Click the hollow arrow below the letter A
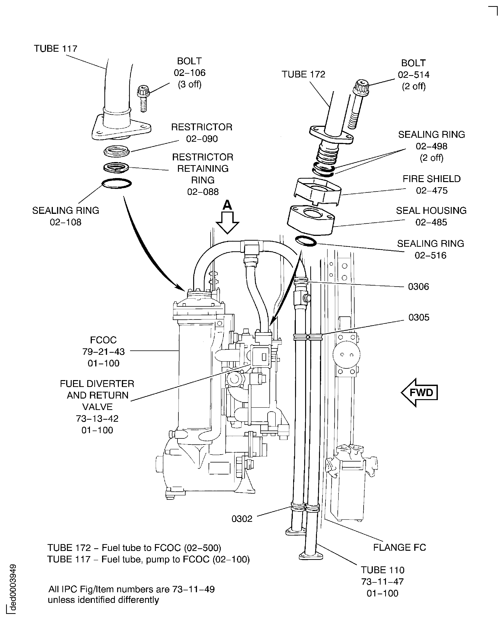point(227,223)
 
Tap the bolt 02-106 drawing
point(143,98)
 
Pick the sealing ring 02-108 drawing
point(117,183)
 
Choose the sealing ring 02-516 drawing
point(306,241)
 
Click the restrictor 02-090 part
point(116,151)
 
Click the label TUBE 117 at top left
point(56,49)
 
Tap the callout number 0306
point(418,287)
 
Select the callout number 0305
point(419,317)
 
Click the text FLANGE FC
point(399,547)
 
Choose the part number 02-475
point(432,191)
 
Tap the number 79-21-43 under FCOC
point(103,352)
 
